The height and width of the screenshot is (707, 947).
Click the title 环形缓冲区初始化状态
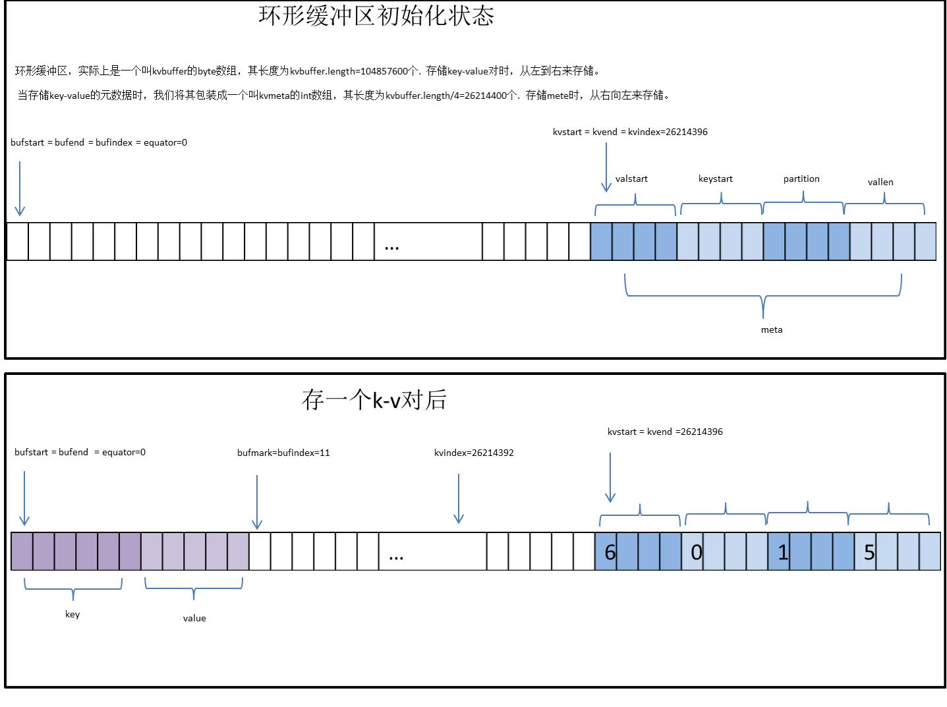(x=376, y=16)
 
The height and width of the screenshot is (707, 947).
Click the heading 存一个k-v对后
(x=374, y=400)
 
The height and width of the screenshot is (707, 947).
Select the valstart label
(x=631, y=179)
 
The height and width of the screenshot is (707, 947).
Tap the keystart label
(x=715, y=179)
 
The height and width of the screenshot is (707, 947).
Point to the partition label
(x=801, y=179)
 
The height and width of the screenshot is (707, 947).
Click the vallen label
(x=880, y=182)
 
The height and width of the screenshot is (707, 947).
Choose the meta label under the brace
(x=772, y=329)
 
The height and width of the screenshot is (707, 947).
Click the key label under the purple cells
(x=72, y=614)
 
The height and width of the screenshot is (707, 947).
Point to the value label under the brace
(x=194, y=618)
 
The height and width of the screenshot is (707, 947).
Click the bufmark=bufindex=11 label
(x=283, y=453)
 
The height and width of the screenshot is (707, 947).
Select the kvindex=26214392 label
(x=474, y=453)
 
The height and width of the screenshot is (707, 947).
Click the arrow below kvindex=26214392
(x=459, y=499)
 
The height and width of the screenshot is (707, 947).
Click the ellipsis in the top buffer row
(x=391, y=247)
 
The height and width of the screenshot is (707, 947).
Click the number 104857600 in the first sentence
(x=384, y=71)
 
